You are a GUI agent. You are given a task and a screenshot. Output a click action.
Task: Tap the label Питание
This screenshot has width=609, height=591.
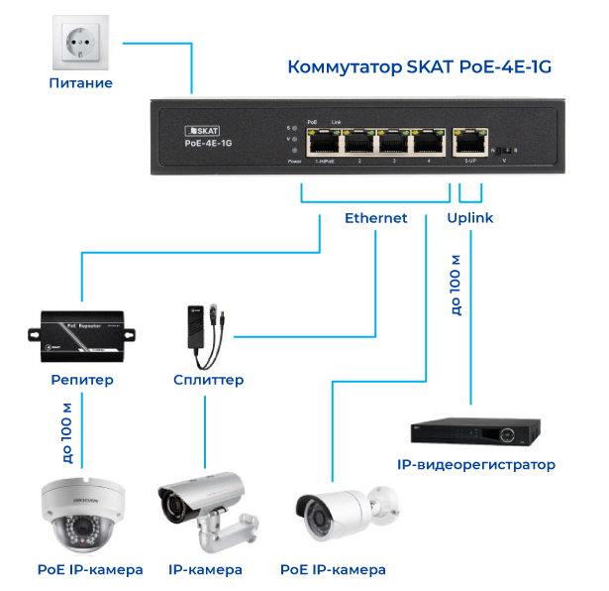pyautogui.click(x=80, y=83)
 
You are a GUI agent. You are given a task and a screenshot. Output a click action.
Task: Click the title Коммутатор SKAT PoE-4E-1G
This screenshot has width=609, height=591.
pyautogui.click(x=418, y=67)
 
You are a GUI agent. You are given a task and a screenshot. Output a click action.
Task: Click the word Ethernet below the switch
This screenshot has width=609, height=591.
pyautogui.click(x=375, y=218)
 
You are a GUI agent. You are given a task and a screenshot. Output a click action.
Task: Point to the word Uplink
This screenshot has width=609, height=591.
pyautogui.click(x=470, y=218)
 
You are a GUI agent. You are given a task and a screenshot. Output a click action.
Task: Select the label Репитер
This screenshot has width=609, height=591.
pyautogui.click(x=81, y=380)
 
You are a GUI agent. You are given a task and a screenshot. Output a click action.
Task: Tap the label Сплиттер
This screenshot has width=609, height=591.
pyautogui.click(x=208, y=380)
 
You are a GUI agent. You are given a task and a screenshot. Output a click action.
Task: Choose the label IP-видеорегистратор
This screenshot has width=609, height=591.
pyautogui.click(x=475, y=464)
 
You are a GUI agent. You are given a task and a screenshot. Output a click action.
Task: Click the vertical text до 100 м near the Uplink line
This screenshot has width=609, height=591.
pyautogui.click(x=456, y=285)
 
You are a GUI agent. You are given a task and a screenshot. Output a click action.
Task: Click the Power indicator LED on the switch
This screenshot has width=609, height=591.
pyautogui.click(x=294, y=150)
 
